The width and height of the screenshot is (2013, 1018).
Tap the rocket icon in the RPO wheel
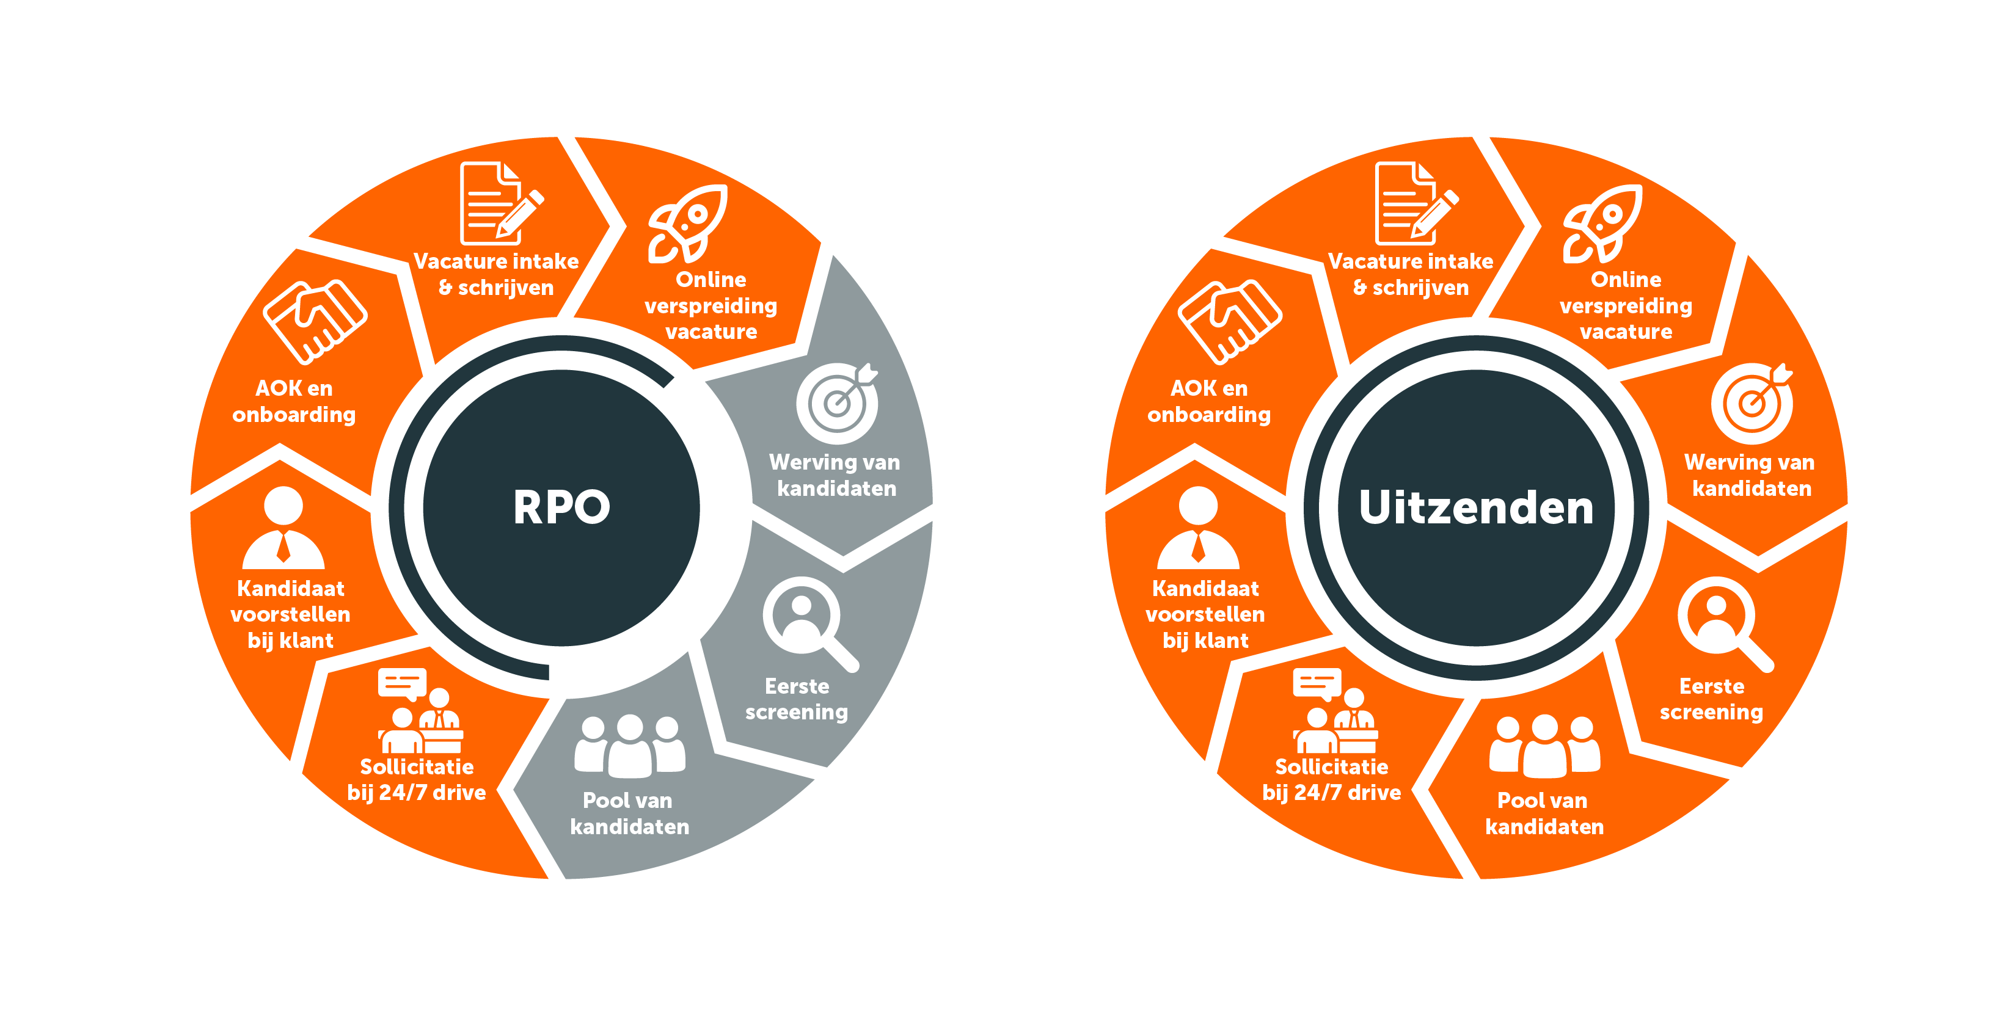[688, 224]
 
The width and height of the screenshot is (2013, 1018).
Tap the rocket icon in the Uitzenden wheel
[1602, 224]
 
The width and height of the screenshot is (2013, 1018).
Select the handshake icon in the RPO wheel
[315, 321]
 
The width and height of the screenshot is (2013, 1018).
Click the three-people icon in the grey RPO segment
[630, 746]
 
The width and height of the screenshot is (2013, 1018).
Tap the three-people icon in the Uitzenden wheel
[1545, 746]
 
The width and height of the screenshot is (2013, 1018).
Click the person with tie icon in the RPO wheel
[283, 528]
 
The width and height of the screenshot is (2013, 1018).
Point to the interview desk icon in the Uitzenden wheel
[1335, 710]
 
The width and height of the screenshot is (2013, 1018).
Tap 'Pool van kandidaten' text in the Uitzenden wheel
[1544, 813]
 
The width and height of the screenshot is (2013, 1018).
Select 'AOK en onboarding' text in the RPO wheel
[294, 401]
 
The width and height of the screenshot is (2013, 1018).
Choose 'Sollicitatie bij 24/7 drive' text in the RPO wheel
[417, 780]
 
